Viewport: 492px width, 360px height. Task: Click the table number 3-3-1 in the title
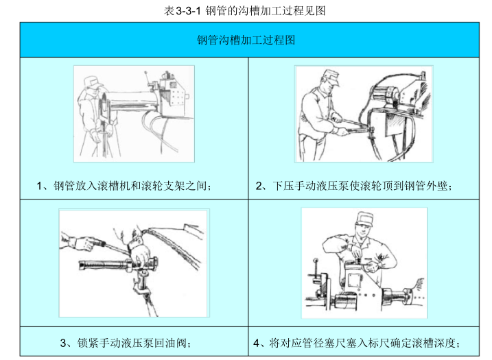click(x=188, y=11)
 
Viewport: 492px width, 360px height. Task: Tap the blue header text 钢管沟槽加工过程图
click(x=246, y=40)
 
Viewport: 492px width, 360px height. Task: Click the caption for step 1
click(x=124, y=186)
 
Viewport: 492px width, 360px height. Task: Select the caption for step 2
click(x=354, y=186)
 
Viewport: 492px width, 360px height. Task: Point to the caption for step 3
click(x=126, y=343)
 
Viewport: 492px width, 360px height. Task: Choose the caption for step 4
click(x=356, y=343)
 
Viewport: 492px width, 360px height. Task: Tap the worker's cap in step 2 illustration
click(x=331, y=77)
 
